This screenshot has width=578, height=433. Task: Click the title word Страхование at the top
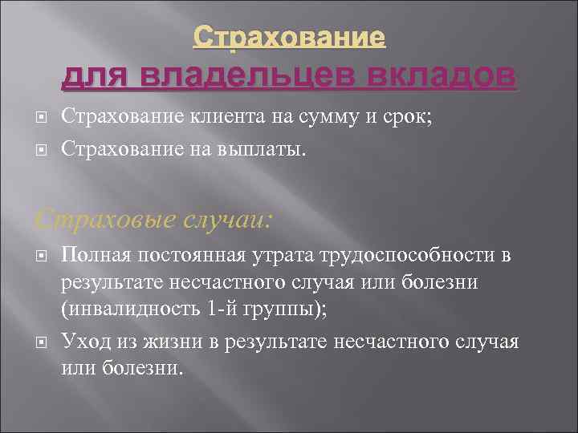click(x=290, y=37)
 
